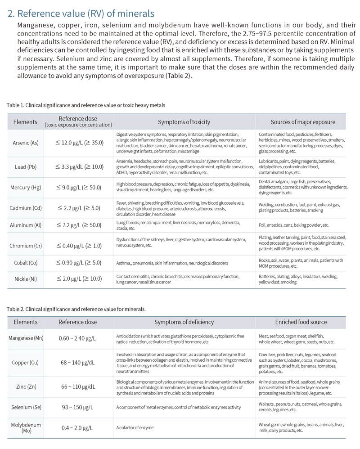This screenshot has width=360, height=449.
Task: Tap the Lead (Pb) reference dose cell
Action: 79,167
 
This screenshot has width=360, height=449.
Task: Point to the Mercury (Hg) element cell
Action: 25,187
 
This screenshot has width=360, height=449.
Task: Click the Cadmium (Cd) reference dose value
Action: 79,208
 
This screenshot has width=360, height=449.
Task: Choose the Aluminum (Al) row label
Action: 25,225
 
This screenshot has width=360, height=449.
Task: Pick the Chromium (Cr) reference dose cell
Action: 79,245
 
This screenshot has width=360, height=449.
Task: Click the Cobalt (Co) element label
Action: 25,263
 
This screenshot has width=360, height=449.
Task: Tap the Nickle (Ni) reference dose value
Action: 79,279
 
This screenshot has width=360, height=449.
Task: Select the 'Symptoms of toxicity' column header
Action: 184,122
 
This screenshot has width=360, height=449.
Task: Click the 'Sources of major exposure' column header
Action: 303,122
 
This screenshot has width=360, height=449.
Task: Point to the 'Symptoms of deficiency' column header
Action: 184,322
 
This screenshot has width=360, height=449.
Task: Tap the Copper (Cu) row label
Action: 25,363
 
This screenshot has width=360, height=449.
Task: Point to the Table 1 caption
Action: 85,105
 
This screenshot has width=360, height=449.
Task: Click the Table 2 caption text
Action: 76,309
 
